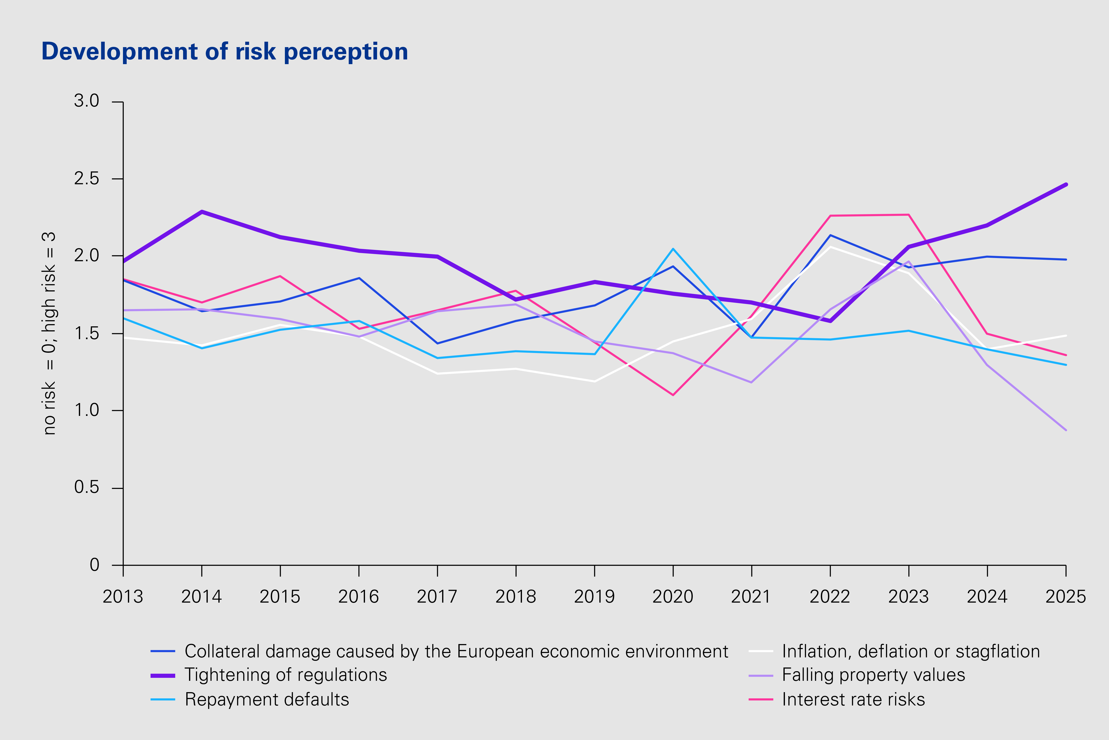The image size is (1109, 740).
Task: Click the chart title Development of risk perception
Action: click(225, 52)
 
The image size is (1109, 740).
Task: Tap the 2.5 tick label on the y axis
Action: click(87, 179)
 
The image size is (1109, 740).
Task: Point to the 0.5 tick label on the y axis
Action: click(87, 487)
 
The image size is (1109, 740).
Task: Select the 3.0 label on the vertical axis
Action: click(87, 101)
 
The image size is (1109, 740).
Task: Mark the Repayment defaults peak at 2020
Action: click(673, 249)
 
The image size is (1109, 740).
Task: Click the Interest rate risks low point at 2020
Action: click(673, 395)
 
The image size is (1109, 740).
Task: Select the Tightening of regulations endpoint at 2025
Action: click(1066, 185)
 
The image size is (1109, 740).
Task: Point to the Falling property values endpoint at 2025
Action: click(1066, 430)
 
